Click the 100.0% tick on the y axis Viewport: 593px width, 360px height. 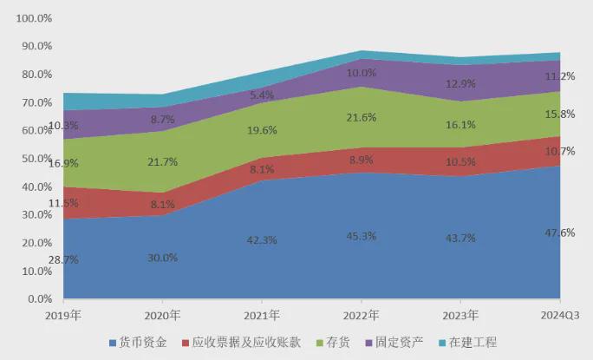click(34, 18)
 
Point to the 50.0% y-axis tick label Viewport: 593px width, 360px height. click(36, 159)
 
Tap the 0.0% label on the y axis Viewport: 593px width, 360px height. click(40, 299)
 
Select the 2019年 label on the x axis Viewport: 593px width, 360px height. click(63, 316)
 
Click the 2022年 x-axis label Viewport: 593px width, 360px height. click(362, 316)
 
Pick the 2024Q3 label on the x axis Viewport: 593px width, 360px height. click(560, 316)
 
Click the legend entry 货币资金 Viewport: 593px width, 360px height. click(138, 343)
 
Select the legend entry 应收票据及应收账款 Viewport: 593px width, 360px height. click(241, 343)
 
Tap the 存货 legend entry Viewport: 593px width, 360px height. click(333, 343)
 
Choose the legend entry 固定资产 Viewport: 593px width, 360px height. click(394, 343)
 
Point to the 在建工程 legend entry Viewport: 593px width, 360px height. click(468, 343)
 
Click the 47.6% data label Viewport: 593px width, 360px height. click(560, 232)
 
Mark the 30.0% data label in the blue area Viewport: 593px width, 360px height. click(163, 258)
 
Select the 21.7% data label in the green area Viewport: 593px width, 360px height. click(163, 162)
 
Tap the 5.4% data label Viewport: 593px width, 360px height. click(262, 95)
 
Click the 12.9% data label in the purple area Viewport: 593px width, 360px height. click(460, 83)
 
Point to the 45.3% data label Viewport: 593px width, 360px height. click(362, 237)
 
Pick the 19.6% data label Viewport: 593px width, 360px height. click(262, 131)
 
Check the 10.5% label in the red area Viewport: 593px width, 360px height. click(460, 162)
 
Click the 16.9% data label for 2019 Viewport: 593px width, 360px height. click(63, 164)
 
